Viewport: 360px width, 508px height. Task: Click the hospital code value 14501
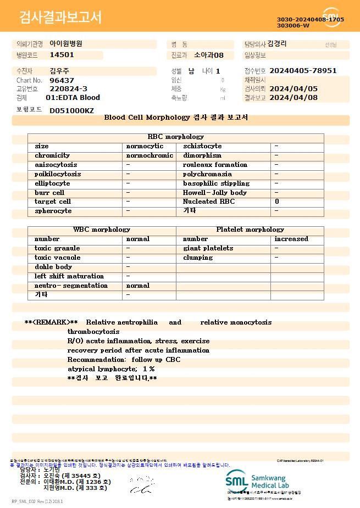62,55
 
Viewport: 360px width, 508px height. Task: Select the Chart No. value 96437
62,80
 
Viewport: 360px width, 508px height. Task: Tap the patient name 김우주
59,71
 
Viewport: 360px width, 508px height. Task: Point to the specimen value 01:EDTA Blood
73,98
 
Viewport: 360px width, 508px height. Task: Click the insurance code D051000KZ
71,110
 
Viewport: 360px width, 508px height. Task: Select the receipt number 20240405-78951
303,71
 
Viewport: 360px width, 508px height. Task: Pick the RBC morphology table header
176,137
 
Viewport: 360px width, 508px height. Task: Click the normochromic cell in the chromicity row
149,155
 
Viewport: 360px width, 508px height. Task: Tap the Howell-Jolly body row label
215,193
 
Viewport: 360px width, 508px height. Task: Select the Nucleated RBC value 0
277,202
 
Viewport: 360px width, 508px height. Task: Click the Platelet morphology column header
250,230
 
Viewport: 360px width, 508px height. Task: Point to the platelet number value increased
291,239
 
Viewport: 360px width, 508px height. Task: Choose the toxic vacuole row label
58,258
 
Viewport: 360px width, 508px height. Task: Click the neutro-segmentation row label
71,286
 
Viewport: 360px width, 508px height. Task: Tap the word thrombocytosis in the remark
93,332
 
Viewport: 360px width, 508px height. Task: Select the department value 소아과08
209,55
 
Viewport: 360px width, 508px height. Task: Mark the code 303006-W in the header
293,25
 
